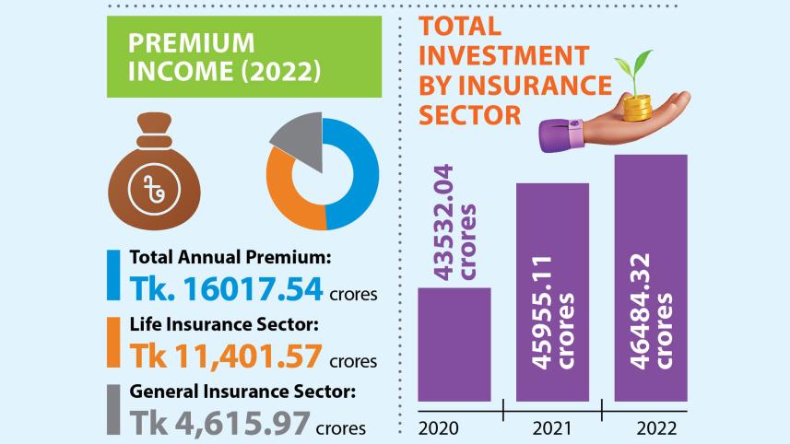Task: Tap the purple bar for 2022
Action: click(650, 276)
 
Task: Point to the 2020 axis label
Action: click(440, 427)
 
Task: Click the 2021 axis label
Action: click(551, 427)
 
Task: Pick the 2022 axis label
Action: click(655, 427)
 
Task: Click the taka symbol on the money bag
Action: click(155, 189)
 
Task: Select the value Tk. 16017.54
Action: click(226, 288)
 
